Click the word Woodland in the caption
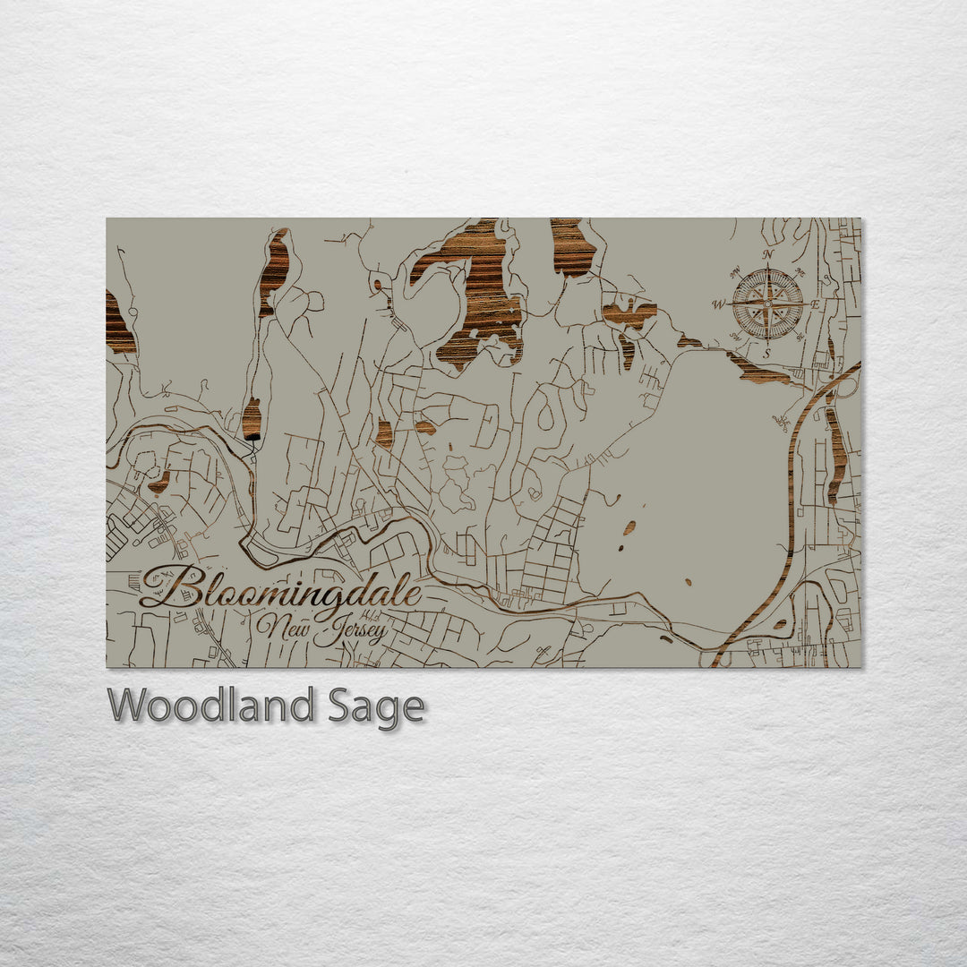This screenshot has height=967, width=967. (x=210, y=706)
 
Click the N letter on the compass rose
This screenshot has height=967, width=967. (x=767, y=254)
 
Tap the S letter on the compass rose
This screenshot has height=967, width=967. (x=767, y=354)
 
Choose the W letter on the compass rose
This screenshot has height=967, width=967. (x=718, y=304)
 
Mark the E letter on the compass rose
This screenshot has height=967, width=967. (x=816, y=304)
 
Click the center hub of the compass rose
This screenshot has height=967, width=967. (x=767, y=304)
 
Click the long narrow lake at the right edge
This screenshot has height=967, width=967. (x=836, y=452)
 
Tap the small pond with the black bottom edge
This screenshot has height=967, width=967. (x=252, y=420)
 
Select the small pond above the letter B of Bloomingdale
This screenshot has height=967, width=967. (x=160, y=483)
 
